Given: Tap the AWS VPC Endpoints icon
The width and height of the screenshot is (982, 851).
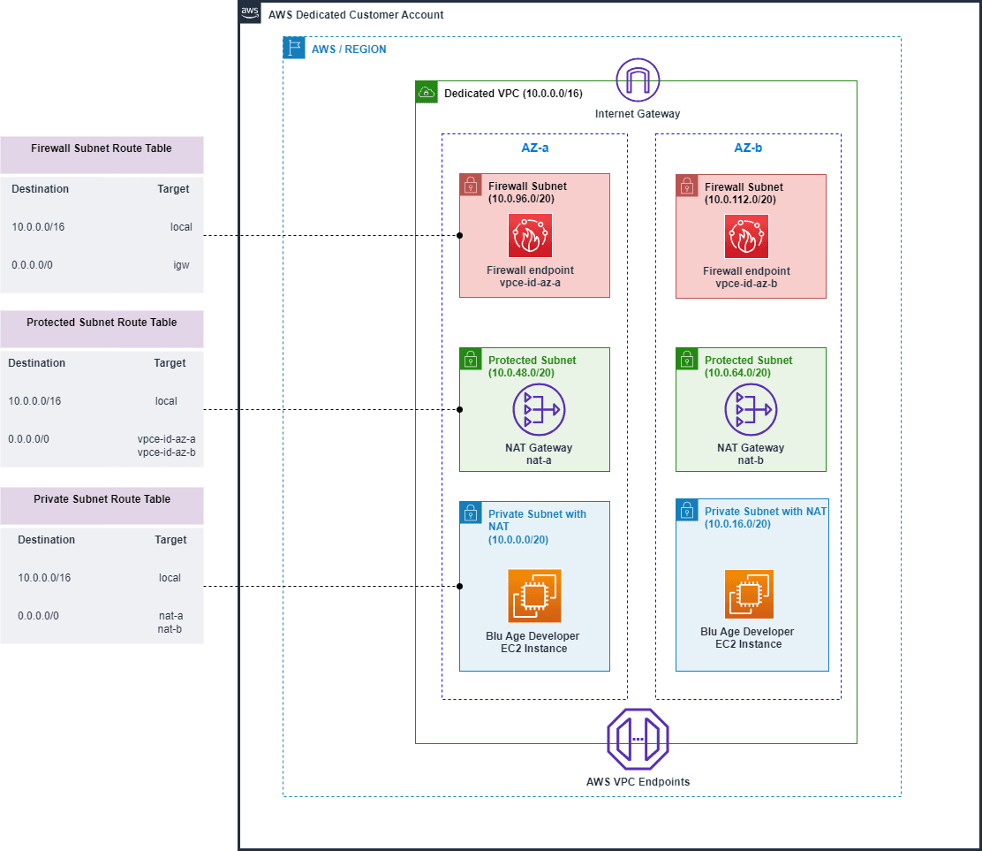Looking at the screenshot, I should click(x=638, y=741).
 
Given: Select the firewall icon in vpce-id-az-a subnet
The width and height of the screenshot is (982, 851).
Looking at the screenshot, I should click(x=530, y=236).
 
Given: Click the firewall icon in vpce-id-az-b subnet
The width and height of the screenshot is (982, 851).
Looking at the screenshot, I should click(x=746, y=237).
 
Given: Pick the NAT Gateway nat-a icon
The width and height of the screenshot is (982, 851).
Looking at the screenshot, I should click(x=539, y=410).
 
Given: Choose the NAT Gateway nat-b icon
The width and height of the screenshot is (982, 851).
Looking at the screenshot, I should click(x=751, y=410).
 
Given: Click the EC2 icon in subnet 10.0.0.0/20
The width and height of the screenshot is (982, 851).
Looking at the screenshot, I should click(x=534, y=596).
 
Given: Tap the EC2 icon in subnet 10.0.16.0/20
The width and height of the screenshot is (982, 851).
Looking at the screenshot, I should click(x=749, y=594).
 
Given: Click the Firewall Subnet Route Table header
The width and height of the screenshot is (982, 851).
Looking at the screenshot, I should click(x=102, y=148).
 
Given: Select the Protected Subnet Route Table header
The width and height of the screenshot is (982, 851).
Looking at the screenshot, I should click(x=102, y=323).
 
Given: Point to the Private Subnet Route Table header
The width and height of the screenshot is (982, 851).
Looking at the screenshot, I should click(x=102, y=499).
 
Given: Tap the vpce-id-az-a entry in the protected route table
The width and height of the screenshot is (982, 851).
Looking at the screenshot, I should click(x=166, y=439).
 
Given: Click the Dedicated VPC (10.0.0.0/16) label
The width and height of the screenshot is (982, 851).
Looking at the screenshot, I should click(x=512, y=93).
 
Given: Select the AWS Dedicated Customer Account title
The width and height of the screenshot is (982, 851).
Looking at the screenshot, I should click(x=356, y=15).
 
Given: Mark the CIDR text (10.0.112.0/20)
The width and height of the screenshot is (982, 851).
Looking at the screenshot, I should click(x=740, y=200).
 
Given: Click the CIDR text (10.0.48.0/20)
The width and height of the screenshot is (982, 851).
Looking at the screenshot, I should click(x=521, y=373).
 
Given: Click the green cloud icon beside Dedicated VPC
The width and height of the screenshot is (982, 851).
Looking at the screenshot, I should click(x=427, y=92).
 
